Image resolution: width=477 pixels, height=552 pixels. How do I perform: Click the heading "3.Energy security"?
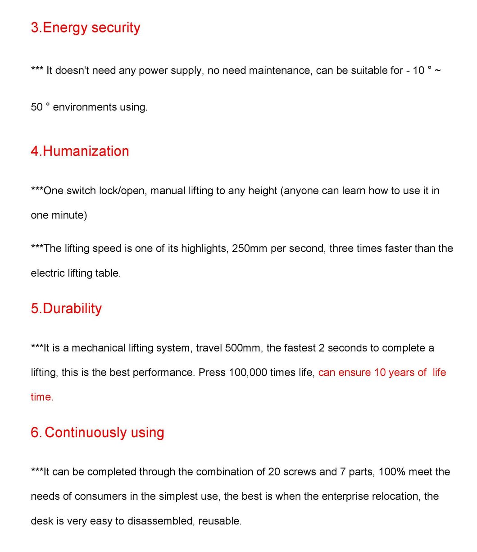click(86, 27)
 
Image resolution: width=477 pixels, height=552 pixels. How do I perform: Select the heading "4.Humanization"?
click(80, 151)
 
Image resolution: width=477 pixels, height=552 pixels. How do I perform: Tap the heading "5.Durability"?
click(66, 308)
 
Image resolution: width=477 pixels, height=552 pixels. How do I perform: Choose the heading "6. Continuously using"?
click(97, 432)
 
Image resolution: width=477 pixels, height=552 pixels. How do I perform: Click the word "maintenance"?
click(280, 70)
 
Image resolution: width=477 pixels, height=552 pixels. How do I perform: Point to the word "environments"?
click(84, 107)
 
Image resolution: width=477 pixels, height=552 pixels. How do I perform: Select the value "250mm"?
click(250, 249)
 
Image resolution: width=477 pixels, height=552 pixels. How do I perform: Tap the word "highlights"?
click(204, 249)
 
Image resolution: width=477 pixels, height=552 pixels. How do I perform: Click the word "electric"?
click(45, 273)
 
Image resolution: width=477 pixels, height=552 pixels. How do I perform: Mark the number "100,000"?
click(248, 373)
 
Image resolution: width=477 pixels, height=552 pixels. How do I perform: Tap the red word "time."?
click(42, 397)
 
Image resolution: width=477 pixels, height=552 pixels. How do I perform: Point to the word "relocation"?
click(396, 497)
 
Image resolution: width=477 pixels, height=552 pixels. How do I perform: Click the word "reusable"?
click(220, 521)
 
